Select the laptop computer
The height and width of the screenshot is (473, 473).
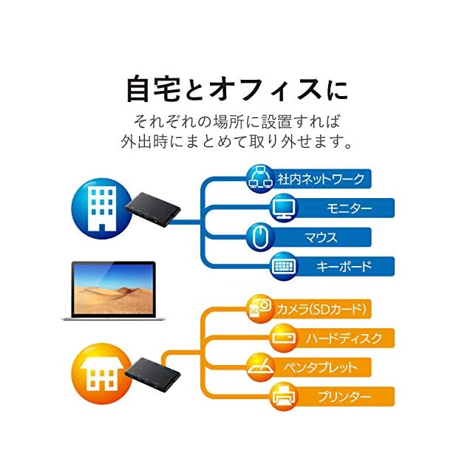tap(109, 290)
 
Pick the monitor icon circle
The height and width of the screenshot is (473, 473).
tap(285, 208)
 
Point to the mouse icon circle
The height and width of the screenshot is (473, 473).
tap(259, 237)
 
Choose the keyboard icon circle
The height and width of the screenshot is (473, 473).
tap(285, 266)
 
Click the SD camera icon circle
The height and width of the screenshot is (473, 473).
tap(259, 308)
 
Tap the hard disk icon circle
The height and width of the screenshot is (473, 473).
tap(285, 338)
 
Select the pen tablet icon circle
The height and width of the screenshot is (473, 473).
tap(259, 367)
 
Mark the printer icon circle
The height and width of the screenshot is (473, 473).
tap(285, 396)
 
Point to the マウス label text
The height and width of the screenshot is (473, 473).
tap(321, 237)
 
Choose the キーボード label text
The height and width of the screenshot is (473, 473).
tap(344, 267)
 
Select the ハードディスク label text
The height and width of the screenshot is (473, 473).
tap(344, 338)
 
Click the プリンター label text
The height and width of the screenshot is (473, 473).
tap(344, 397)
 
